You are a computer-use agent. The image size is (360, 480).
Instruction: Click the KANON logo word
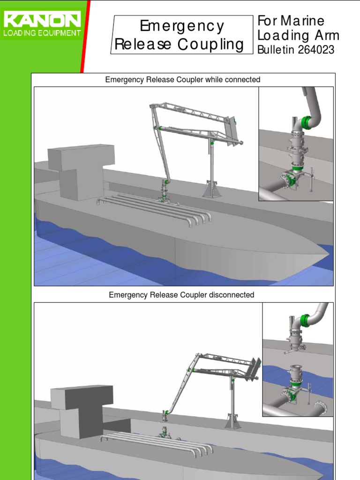point(42,21)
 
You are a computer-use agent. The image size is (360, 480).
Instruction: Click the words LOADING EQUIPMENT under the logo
point(42,33)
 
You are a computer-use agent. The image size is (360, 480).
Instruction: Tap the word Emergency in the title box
point(182,26)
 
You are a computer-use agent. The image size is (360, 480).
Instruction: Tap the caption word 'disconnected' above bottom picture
point(232,295)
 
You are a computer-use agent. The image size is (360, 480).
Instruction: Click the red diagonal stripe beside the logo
point(86,35)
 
